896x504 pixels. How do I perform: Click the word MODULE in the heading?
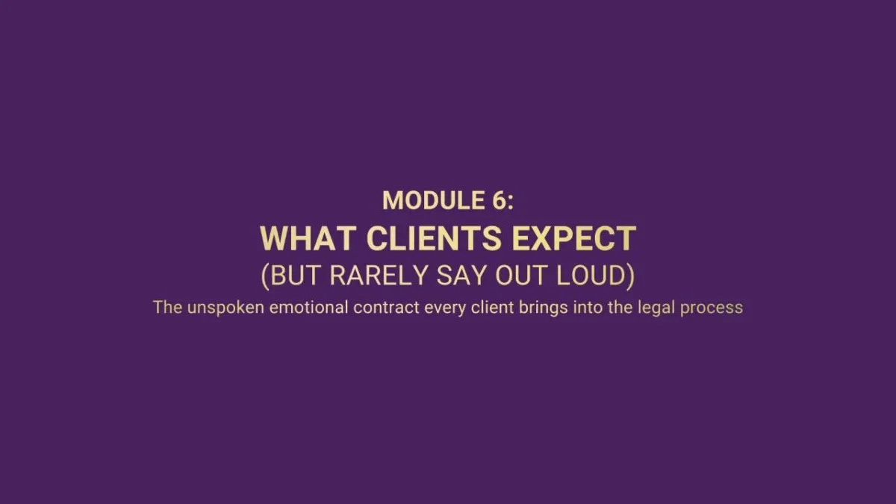(434, 200)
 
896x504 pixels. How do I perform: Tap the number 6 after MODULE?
(500, 200)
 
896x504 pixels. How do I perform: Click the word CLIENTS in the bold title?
(434, 238)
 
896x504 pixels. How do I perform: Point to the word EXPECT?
(574, 238)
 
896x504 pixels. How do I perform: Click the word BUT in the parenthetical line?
(295, 276)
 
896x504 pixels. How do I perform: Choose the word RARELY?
(379, 276)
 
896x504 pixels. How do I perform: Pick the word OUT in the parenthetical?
(520, 276)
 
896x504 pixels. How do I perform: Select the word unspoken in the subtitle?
(225, 308)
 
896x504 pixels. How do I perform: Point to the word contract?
(387, 307)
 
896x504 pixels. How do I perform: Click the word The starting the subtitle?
(167, 307)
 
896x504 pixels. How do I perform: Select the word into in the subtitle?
(588, 307)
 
